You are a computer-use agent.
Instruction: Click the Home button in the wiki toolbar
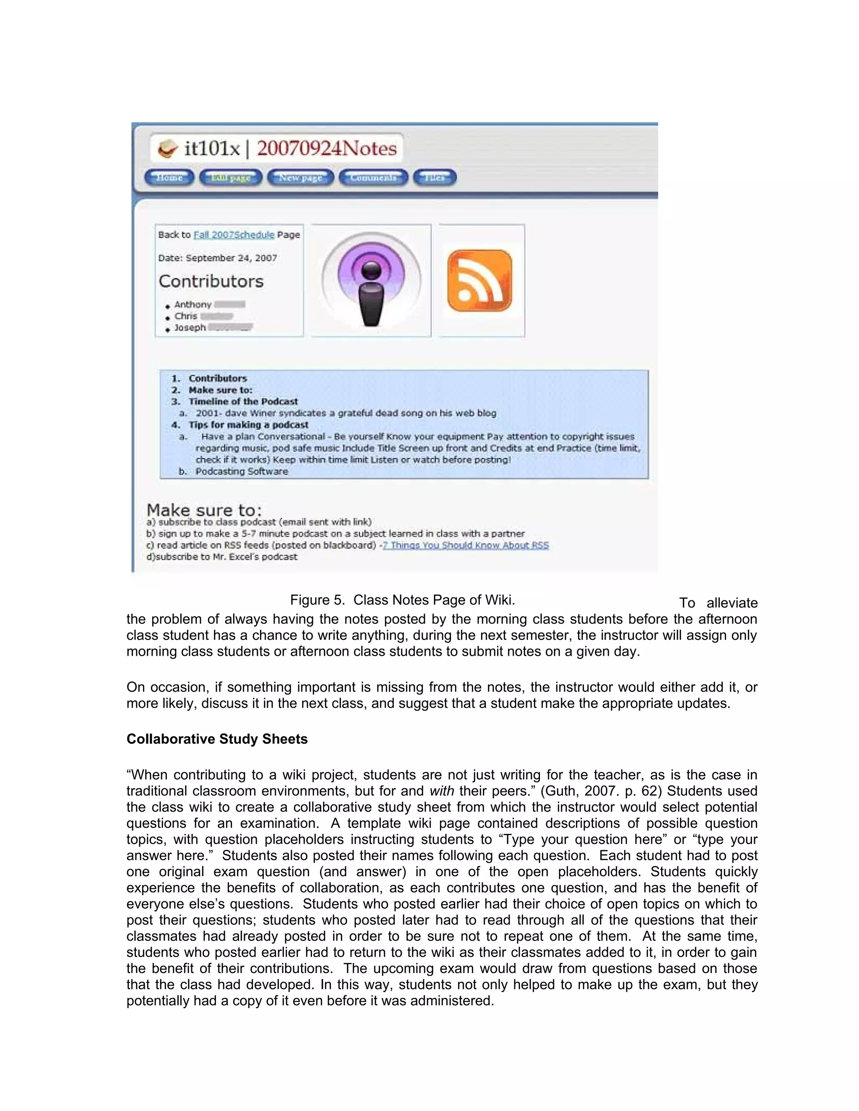pyautogui.click(x=169, y=177)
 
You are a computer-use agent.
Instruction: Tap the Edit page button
pyautogui.click(x=231, y=177)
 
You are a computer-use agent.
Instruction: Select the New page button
pyautogui.click(x=300, y=177)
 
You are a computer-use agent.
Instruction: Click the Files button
pyautogui.click(x=435, y=177)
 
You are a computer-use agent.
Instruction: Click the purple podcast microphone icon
pyautogui.click(x=372, y=280)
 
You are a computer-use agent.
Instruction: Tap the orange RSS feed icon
pyautogui.click(x=479, y=280)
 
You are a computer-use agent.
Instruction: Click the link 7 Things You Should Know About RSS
pyautogui.click(x=466, y=545)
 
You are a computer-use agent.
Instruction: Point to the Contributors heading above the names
pyautogui.click(x=211, y=281)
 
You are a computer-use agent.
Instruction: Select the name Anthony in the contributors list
pyautogui.click(x=193, y=304)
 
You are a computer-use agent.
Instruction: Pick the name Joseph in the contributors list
pyautogui.click(x=190, y=327)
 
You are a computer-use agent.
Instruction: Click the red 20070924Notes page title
pyautogui.click(x=326, y=148)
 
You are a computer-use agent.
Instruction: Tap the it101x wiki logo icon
pyautogui.click(x=167, y=149)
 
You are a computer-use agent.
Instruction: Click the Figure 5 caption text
pyautogui.click(x=403, y=600)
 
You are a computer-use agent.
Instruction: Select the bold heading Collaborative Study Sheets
pyautogui.click(x=217, y=739)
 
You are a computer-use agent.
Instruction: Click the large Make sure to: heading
pyautogui.click(x=204, y=510)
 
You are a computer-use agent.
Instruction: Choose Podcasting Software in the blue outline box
pyautogui.click(x=242, y=472)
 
